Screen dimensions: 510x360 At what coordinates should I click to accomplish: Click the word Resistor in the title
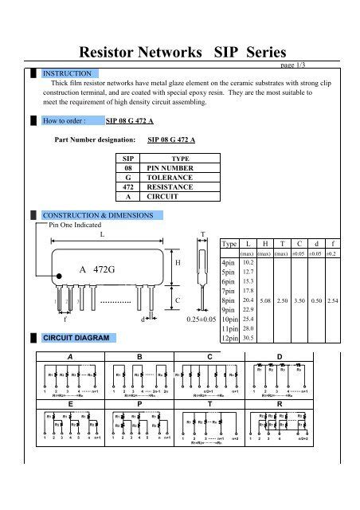pos(110,53)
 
